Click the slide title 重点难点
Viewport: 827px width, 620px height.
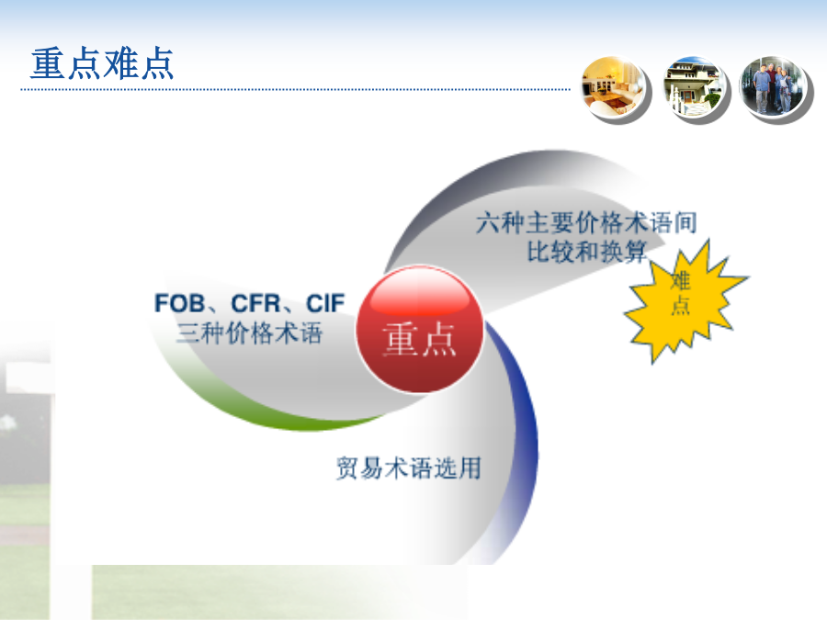pyautogui.click(x=102, y=63)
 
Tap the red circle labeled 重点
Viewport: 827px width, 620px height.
pyautogui.click(x=420, y=330)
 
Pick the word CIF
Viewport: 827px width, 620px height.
pyautogui.click(x=325, y=304)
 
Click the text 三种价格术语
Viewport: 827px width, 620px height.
pyautogui.click(x=249, y=333)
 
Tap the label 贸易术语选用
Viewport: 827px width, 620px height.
pyautogui.click(x=409, y=468)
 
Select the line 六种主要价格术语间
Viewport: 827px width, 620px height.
pyautogui.click(x=586, y=222)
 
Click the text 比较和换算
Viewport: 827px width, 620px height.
pyautogui.click(x=587, y=252)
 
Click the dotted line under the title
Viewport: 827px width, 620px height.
pyautogui.click(x=295, y=90)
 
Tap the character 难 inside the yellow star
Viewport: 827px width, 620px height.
pyautogui.click(x=680, y=280)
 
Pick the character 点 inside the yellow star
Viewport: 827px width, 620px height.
pyautogui.click(x=680, y=305)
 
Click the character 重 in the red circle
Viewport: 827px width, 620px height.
pyautogui.click(x=401, y=340)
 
